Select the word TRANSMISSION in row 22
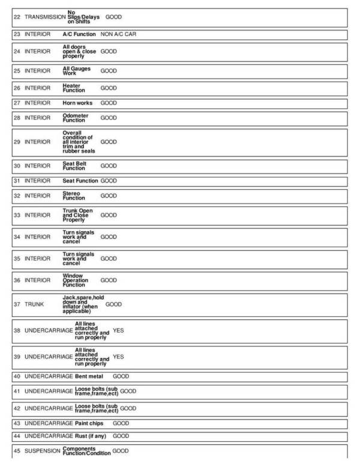click(45, 17)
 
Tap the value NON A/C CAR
click(119, 34)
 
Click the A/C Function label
click(79, 34)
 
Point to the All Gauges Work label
click(76, 71)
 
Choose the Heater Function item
click(74, 88)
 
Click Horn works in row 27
click(77, 103)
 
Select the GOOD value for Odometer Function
click(109, 118)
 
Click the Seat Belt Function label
click(75, 166)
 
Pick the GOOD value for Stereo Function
click(109, 196)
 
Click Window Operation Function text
click(76, 280)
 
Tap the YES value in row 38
click(118, 331)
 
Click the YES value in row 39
click(118, 357)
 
